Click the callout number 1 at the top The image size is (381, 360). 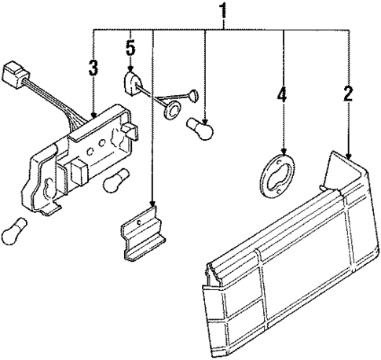point(224,11)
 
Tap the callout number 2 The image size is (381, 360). point(346,97)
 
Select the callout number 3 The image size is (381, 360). point(93,67)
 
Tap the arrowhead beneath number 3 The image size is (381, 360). point(93,116)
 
